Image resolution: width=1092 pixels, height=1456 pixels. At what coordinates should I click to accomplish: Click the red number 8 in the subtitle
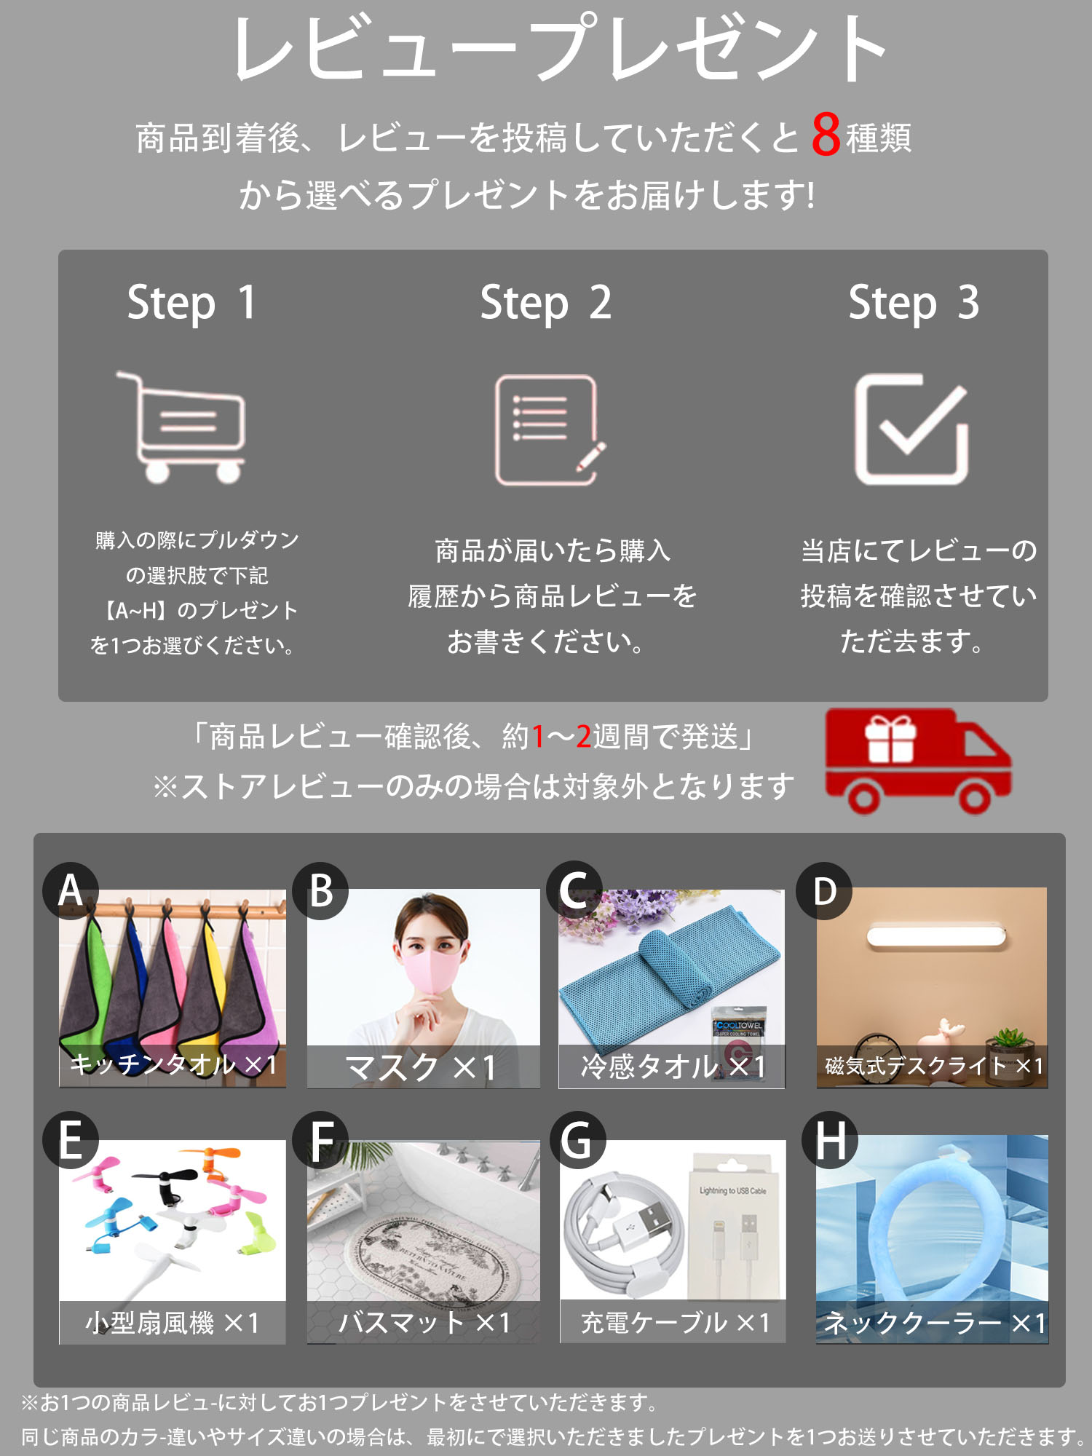[x=826, y=135]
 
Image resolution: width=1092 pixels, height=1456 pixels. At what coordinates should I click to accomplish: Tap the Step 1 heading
[x=191, y=303]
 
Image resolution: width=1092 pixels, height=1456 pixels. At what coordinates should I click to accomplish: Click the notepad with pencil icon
[x=550, y=430]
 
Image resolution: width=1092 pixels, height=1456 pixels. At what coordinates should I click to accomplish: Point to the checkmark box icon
[x=911, y=429]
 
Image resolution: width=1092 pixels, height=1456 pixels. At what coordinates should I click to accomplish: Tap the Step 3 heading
[x=914, y=303]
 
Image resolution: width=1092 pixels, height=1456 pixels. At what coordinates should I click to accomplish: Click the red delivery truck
[x=918, y=761]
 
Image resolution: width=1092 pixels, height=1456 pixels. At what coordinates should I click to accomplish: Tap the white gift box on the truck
[x=890, y=739]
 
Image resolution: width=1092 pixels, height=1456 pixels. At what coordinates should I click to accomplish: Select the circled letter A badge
[x=71, y=890]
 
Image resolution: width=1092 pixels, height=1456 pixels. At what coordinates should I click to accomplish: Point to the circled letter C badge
[x=574, y=890]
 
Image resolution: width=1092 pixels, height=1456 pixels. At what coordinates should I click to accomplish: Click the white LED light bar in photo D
[x=936, y=936]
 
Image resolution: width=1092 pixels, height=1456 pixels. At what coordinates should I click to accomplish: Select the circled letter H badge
[x=830, y=1140]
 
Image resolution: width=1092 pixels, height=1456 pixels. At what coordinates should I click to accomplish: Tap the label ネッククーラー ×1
[x=934, y=1323]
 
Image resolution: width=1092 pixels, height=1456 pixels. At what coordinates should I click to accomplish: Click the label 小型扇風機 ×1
[x=173, y=1323]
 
